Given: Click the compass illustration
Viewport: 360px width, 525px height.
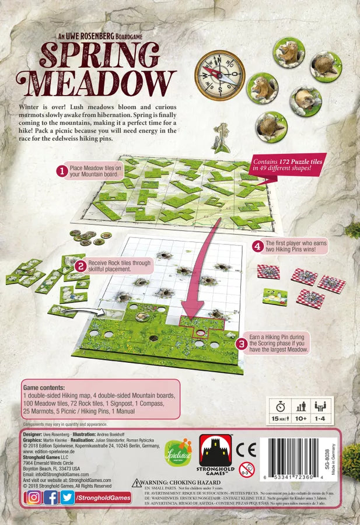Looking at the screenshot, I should point(220,75).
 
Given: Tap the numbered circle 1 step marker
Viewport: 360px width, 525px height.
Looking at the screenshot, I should point(61,171).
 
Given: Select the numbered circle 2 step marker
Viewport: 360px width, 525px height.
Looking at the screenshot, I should point(81,267).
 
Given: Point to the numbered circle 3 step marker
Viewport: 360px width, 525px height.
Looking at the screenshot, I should point(240,344).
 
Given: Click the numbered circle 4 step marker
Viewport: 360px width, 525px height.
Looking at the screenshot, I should point(257,246).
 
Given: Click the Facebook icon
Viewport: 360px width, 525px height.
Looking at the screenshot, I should point(51,497).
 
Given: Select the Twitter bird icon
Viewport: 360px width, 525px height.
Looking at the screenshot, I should point(68,497).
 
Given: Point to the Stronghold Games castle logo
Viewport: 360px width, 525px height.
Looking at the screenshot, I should point(215,453).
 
